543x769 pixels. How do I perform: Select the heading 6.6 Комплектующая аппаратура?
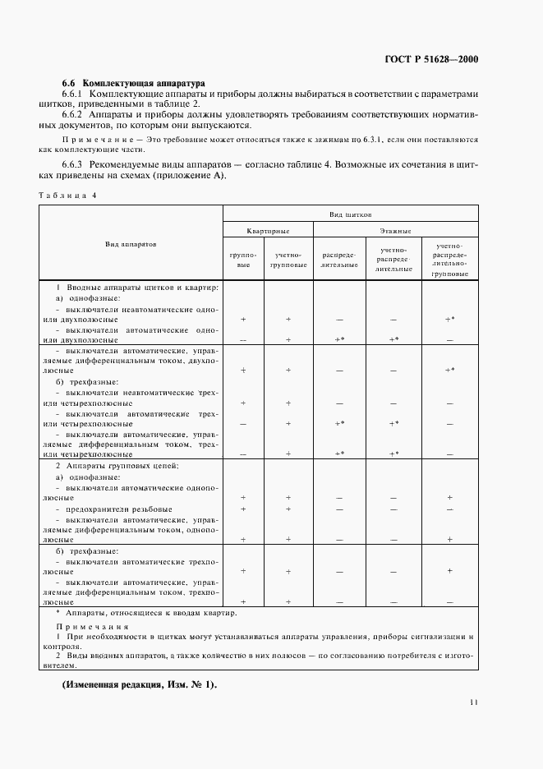pyautogui.click(x=135, y=84)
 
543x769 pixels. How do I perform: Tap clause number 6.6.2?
pyautogui.click(x=76, y=116)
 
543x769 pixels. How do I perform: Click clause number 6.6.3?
pyautogui.click(x=76, y=165)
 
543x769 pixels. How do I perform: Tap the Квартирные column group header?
pyautogui.click(x=264, y=232)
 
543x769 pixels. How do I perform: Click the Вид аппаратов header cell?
pyautogui.click(x=131, y=244)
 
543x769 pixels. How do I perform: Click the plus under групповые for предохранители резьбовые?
pyautogui.click(x=243, y=509)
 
